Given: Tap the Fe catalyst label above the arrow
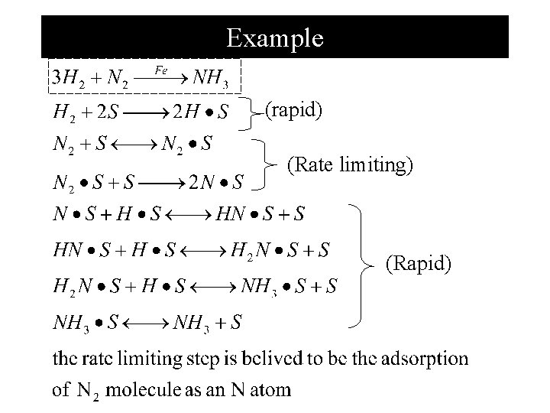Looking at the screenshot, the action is [160, 70].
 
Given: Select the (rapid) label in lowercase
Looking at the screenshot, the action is [293, 110].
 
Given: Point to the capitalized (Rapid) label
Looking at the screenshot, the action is [418, 264].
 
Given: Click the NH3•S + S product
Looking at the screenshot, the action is [290, 288].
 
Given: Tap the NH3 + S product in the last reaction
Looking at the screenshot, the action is [207, 323].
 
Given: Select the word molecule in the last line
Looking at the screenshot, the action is [141, 390].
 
